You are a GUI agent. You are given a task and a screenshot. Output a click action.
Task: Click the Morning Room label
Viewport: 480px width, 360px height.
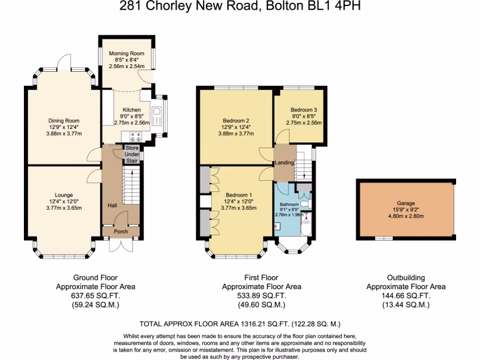coord(125,53)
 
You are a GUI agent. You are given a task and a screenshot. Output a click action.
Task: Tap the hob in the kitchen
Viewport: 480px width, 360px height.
coord(135,137)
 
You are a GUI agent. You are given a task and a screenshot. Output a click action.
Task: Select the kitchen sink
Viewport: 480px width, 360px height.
coord(157,112)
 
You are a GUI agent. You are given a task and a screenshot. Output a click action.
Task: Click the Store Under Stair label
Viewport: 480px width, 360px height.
coord(132,154)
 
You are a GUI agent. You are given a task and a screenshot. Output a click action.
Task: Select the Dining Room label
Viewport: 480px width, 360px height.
coord(65,120)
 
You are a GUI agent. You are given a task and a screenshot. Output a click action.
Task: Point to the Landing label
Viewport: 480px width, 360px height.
coord(285,163)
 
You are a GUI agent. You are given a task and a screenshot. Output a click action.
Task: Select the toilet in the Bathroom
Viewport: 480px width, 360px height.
coord(305,204)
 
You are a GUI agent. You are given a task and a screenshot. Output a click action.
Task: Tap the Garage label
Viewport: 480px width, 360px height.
coord(407,203)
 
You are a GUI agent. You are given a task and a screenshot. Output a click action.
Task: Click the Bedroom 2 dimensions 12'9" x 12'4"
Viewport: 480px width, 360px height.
coord(236,127)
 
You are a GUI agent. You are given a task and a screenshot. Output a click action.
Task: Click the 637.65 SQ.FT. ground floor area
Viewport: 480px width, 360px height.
coord(95,296)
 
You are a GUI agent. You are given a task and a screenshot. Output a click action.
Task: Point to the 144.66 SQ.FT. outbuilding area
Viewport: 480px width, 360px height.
coord(405,296)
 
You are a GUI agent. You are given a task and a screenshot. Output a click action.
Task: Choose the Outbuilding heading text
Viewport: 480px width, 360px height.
coord(405,277)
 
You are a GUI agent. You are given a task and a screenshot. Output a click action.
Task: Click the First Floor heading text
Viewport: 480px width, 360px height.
coord(262,277)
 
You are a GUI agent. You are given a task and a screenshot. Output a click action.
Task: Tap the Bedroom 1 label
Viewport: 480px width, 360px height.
coord(239,195)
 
